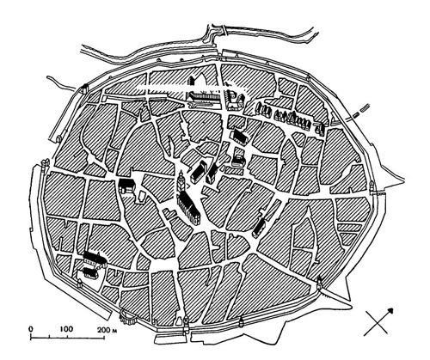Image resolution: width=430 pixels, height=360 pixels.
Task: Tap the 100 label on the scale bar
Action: [x=65, y=329]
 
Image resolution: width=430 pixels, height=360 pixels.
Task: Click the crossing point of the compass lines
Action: [x=380, y=321]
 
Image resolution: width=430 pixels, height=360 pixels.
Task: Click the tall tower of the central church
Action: [x=181, y=183]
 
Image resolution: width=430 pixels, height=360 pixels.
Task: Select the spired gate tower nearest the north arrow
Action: [x=320, y=280]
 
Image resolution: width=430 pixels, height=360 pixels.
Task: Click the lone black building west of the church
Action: [x=127, y=186]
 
